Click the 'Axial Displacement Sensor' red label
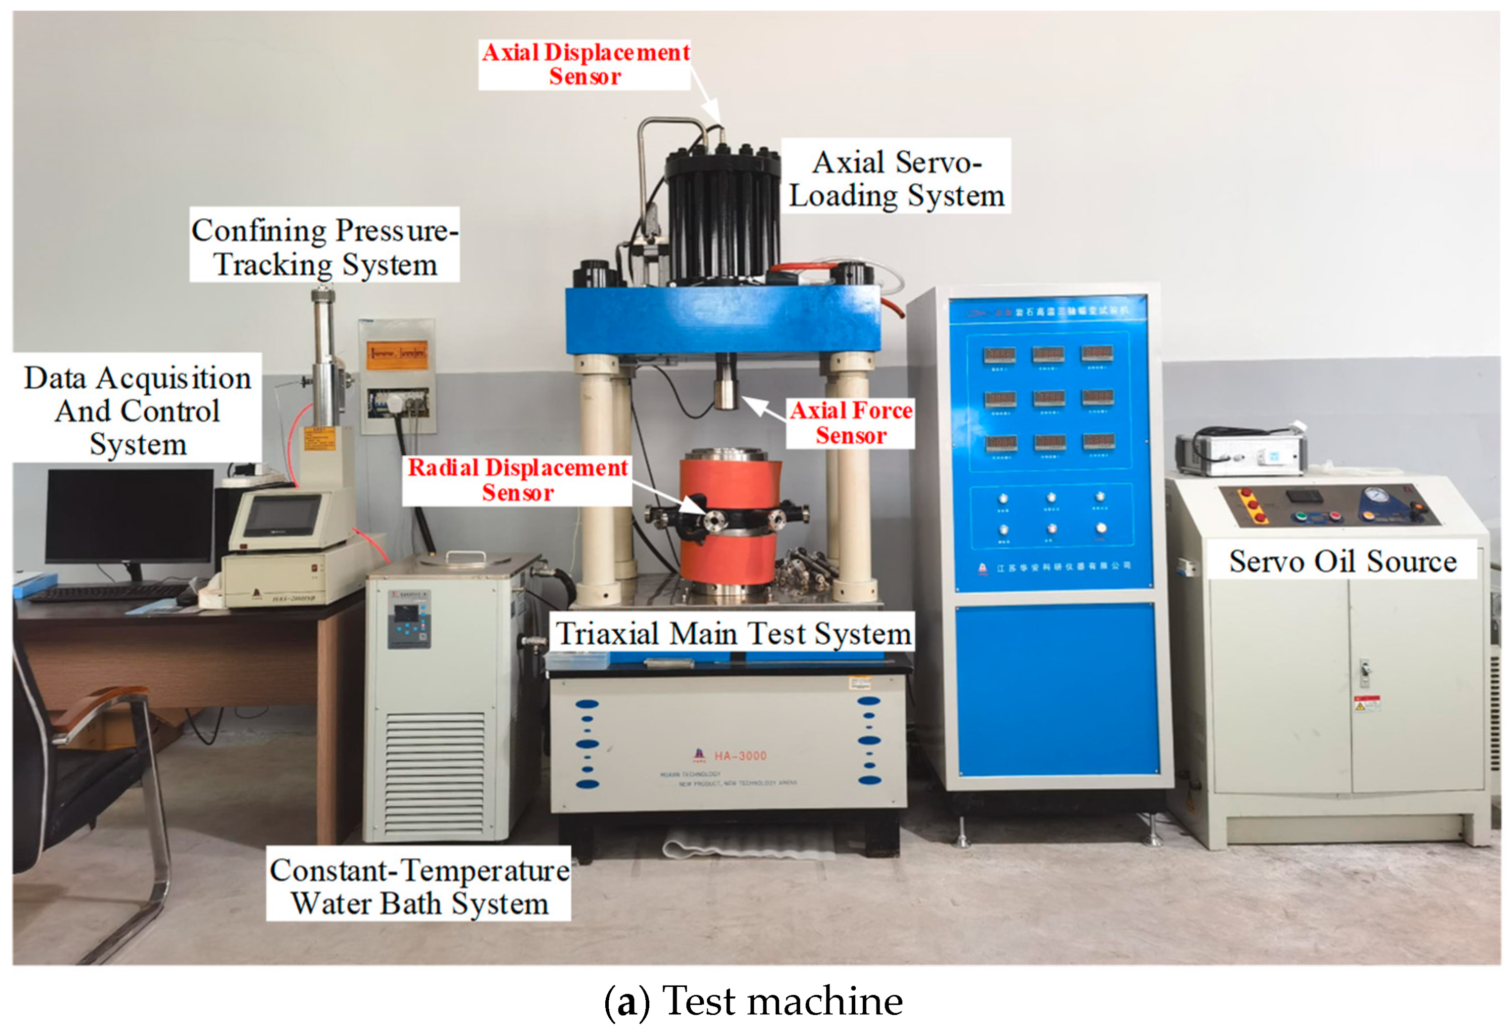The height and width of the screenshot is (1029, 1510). (585, 64)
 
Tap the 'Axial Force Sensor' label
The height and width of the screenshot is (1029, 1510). (851, 423)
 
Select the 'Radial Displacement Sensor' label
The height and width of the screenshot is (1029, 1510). (517, 480)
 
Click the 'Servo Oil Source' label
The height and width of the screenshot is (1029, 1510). (1343, 561)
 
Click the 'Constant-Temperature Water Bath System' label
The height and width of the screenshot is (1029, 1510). (419, 886)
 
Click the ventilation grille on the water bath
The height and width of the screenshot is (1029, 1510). (435, 773)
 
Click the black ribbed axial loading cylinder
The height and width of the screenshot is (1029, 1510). (723, 215)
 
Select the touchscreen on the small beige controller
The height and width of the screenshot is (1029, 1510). (281, 515)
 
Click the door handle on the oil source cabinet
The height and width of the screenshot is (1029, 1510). (1364, 670)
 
